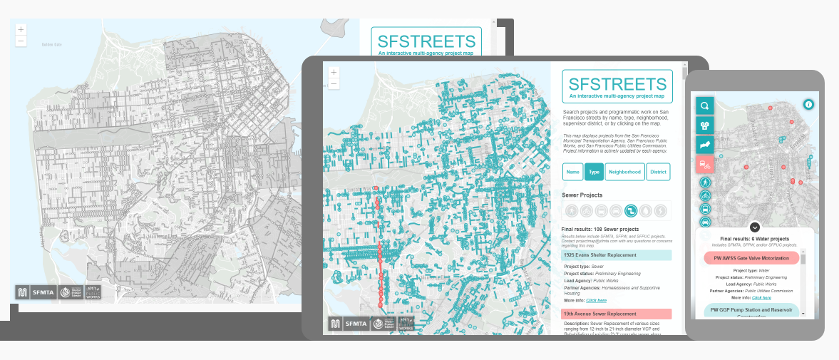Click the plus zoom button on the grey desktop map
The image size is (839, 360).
click(x=21, y=30)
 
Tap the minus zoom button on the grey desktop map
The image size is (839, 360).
click(x=21, y=41)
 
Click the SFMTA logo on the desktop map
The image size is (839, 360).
click(x=43, y=292)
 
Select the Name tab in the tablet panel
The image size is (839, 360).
click(x=572, y=172)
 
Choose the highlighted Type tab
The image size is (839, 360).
click(x=594, y=172)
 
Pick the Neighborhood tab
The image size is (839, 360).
click(x=625, y=172)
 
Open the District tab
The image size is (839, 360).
click(x=658, y=172)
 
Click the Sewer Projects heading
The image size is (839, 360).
click(x=582, y=195)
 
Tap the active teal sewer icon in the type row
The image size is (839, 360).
click(x=630, y=210)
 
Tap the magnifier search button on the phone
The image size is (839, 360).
click(x=704, y=106)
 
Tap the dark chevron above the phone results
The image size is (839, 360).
click(x=755, y=227)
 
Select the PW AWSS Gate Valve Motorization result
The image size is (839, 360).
click(x=754, y=258)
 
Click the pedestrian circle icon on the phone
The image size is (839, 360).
click(x=705, y=182)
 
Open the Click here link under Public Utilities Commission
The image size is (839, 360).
click(x=761, y=297)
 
